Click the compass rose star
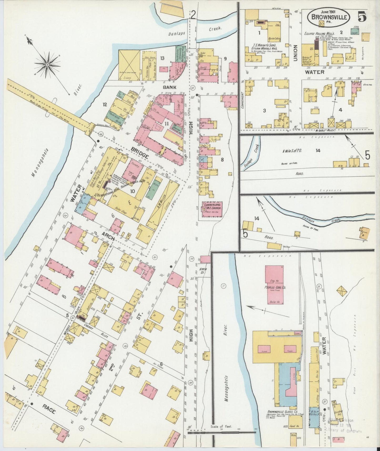click(48, 64)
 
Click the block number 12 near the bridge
click(105, 105)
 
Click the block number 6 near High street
click(161, 364)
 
